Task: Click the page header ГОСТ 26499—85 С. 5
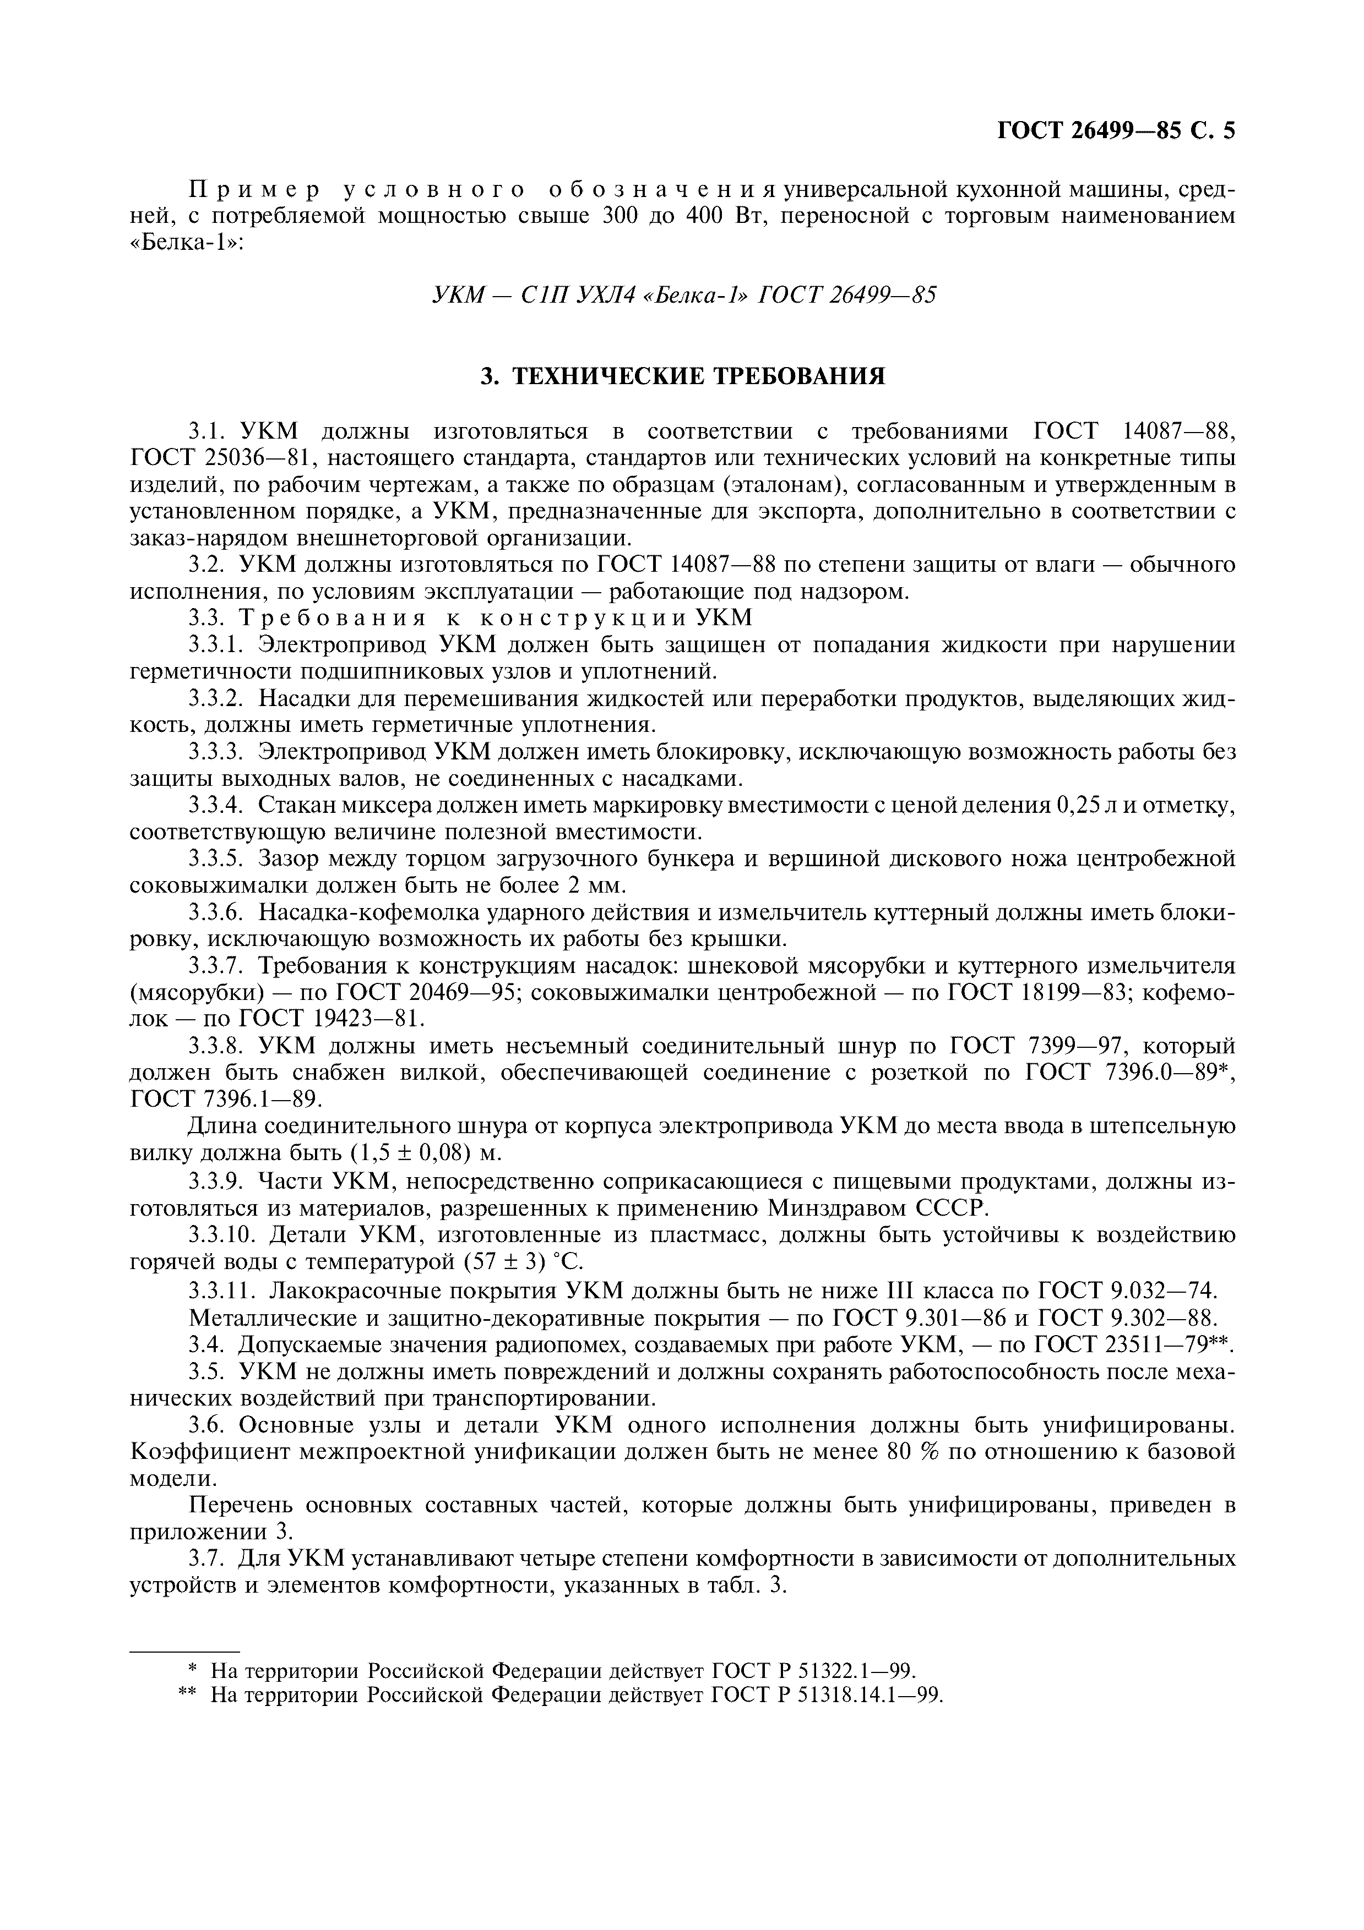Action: click(1115, 131)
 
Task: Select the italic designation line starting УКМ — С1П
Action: click(683, 295)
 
